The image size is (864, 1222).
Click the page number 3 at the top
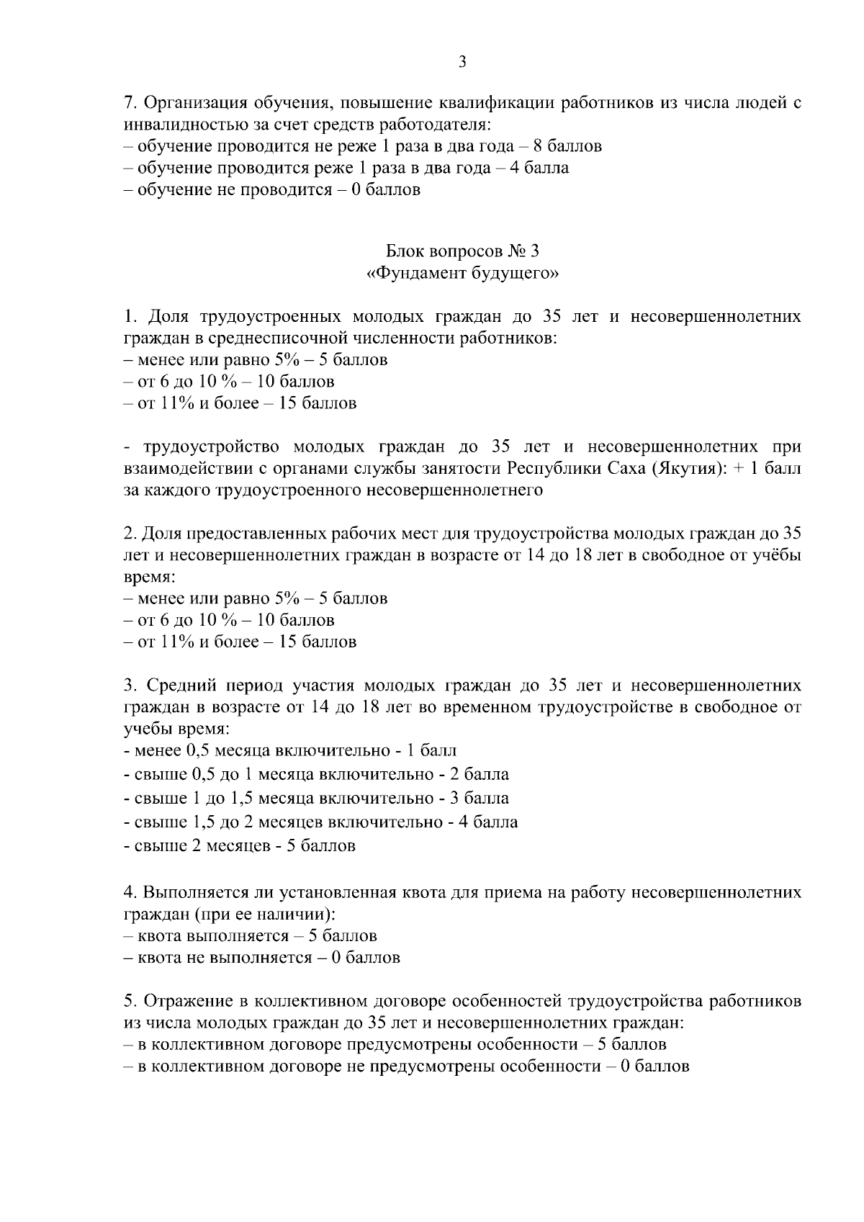click(462, 63)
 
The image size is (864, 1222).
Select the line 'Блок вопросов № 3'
click(462, 251)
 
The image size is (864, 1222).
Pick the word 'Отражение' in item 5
click(185, 1001)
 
